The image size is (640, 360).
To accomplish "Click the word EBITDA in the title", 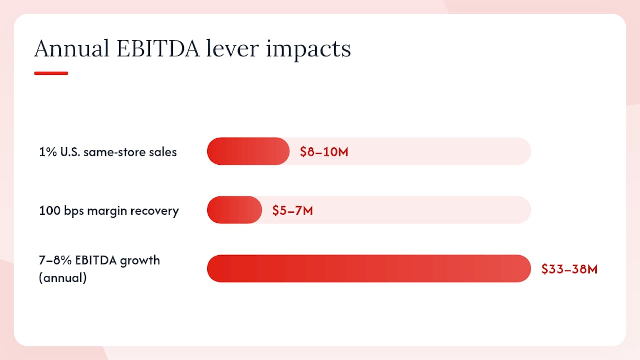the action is tap(158, 48).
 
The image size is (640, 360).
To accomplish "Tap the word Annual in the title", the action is tap(72, 48).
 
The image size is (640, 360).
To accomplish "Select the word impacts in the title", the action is tap(308, 50).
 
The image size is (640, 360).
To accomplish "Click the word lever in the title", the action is tap(233, 48).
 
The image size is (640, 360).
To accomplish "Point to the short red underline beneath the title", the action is tap(51, 73).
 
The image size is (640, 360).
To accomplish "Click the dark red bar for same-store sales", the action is tap(248, 151).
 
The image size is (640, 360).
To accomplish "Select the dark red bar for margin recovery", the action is tap(234, 210).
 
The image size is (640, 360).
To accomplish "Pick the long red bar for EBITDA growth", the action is tap(369, 269).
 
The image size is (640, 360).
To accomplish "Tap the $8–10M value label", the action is tap(324, 152).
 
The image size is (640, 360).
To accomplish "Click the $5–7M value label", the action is tap(293, 211).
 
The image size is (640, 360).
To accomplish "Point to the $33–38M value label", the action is tap(569, 269).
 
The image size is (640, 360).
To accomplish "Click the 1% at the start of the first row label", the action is tap(48, 152).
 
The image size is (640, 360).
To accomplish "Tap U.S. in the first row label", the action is tap(70, 152).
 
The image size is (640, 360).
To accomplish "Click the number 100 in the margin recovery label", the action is tap(49, 211).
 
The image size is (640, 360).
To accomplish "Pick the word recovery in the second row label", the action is tap(155, 211).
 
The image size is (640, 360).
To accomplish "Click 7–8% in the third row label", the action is tap(55, 260).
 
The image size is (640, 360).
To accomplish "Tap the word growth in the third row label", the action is tap(140, 261).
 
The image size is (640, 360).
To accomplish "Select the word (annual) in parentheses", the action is tap(63, 278).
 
